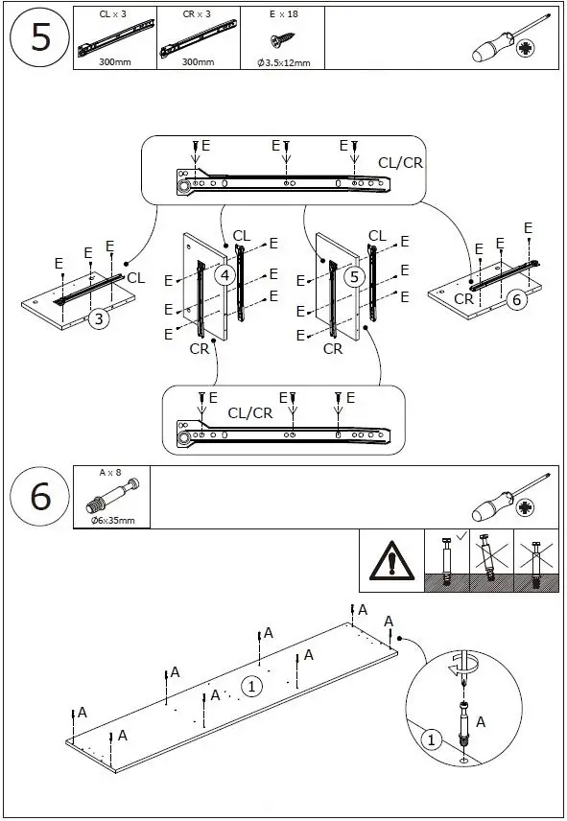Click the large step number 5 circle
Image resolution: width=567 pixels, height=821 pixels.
click(40, 37)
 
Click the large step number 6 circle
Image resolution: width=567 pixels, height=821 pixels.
click(40, 497)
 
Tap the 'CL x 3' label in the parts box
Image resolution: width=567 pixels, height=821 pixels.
click(112, 14)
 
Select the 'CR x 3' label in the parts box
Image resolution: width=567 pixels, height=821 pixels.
click(197, 14)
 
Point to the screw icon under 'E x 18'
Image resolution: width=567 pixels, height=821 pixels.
click(282, 39)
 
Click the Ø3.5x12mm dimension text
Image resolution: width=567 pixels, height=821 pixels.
click(283, 63)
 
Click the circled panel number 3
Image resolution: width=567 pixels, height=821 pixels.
click(99, 318)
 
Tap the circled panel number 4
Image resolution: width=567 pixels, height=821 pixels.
click(224, 275)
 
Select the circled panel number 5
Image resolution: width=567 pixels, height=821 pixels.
click(354, 276)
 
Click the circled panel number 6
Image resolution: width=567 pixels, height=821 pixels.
click(517, 299)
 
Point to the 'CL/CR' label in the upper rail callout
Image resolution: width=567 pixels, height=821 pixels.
click(400, 163)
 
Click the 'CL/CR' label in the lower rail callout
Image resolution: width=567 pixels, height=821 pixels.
click(250, 413)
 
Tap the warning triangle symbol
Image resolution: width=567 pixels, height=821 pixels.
click(391, 561)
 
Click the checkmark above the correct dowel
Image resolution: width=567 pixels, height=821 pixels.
click(461, 536)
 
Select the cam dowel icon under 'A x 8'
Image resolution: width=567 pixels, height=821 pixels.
click(112, 496)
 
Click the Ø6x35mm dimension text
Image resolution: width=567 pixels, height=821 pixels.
click(112, 521)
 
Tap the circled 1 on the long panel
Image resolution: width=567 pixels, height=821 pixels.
click(251, 686)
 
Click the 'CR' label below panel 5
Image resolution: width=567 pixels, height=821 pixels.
click(333, 349)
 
